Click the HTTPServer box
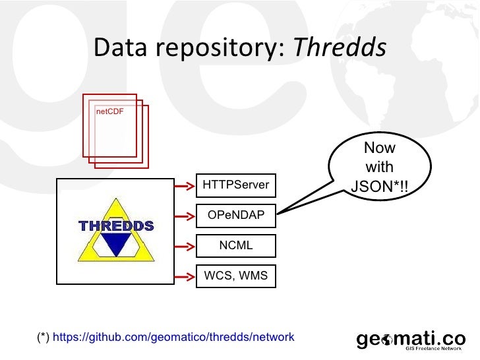pos(236,185)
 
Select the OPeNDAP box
pos(236,216)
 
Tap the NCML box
pos(236,246)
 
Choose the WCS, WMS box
pos(236,276)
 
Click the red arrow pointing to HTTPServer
pos(183,186)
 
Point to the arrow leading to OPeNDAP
pos(183,216)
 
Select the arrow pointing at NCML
pos(183,246)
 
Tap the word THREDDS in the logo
pos(117,226)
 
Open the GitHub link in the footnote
pos(173,338)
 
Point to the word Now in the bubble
pos(379,149)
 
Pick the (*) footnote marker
pos(43,338)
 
